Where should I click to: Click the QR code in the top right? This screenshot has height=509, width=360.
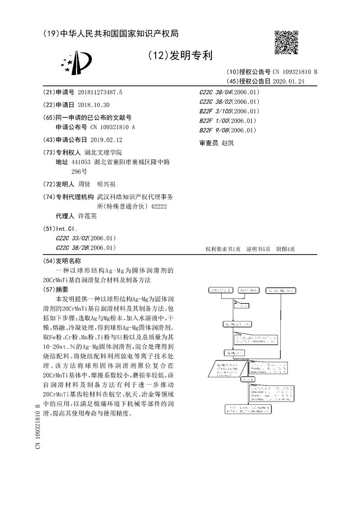tap(286, 42)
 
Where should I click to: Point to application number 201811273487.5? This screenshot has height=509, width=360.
tap(100, 92)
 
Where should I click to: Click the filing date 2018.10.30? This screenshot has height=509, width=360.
tap(94, 105)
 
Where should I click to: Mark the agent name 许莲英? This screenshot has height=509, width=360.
tap(87, 216)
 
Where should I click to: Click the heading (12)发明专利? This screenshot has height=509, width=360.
tap(180, 55)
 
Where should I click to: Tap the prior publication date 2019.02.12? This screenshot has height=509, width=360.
tap(106, 140)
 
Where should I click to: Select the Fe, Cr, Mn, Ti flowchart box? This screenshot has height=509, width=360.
tap(281, 291)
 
